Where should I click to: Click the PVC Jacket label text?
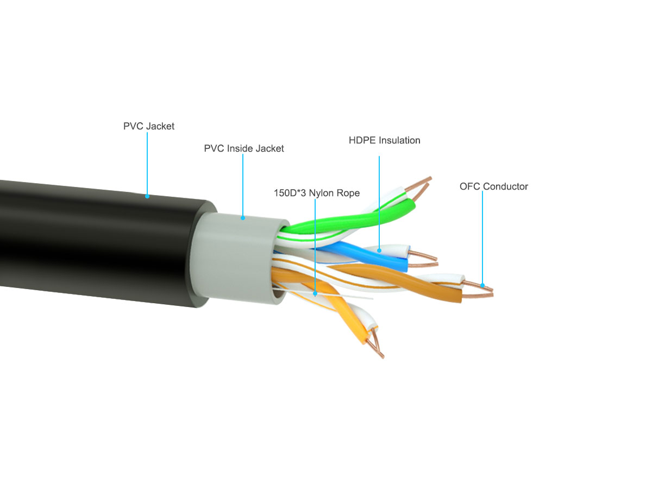coord(148,126)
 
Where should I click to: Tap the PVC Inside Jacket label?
coord(243,148)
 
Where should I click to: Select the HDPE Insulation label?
coord(384,140)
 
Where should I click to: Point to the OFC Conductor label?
coord(494,186)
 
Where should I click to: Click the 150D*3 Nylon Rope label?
coord(317,193)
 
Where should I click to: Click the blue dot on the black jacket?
coord(147,196)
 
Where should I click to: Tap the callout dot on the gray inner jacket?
coord(243,218)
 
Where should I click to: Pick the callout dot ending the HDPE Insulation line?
coord(379,250)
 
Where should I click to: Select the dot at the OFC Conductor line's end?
coord(482,285)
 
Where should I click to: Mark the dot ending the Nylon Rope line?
coord(315,293)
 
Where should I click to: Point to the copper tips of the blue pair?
coord(423,259)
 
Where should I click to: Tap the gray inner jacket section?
coord(237,258)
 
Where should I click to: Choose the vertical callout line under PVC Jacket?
coord(147,164)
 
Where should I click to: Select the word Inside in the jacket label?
coord(240,148)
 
